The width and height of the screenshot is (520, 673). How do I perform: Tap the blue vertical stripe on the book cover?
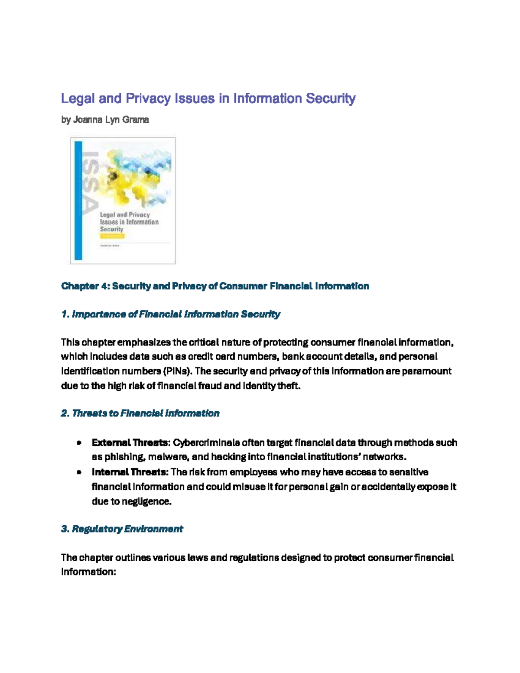(x=78, y=200)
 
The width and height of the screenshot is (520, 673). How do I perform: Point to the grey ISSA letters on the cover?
(x=90, y=182)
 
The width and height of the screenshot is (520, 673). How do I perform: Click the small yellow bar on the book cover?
(x=112, y=236)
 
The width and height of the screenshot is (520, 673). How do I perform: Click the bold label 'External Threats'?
(x=130, y=443)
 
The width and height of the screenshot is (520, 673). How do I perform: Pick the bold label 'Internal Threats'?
(x=130, y=472)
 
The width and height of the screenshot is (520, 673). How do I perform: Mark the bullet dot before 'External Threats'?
(x=79, y=443)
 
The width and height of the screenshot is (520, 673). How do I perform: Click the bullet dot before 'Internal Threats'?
(x=79, y=472)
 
